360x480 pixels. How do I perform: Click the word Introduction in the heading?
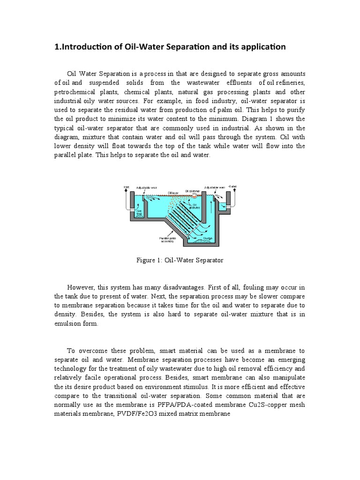point(89,47)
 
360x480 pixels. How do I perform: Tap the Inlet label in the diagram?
point(126,187)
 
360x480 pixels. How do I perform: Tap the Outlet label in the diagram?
point(233,187)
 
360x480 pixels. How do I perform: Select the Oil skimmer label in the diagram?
point(193,191)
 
